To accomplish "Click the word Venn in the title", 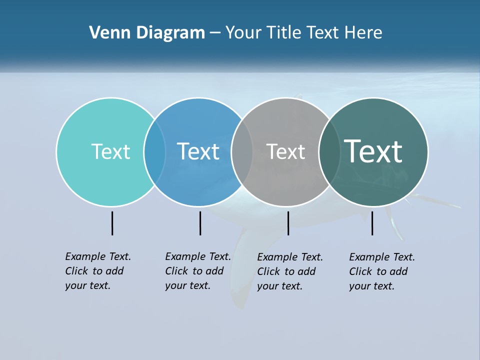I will point(106,33).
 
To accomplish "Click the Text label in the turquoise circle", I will point(110,151).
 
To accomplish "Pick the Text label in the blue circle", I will point(198,151).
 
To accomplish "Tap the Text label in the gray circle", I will point(285,151).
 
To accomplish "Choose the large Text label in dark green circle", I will point(373,151).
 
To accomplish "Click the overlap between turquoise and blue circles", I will point(154,151).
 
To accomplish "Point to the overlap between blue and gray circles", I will point(242,151).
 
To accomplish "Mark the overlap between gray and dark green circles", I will point(329,151).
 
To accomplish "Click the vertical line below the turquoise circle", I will point(112,223).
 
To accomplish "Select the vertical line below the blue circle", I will point(200,223).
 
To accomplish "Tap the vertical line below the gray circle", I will point(288,223).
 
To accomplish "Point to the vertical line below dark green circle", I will point(372,223).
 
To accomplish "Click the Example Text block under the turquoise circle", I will point(97,271).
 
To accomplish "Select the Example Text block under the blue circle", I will point(197,271).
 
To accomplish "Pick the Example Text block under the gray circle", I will point(289,271).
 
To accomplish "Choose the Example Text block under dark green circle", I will point(381,271).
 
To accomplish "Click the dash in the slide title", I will point(214,33).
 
